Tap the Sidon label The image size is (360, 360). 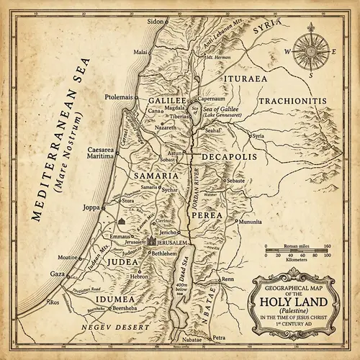(x=156, y=22)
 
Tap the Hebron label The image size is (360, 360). (x=138, y=276)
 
